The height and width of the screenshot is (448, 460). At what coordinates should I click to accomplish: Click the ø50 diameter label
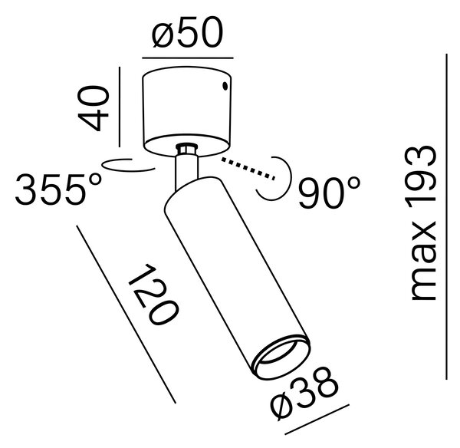pyautogui.click(x=188, y=32)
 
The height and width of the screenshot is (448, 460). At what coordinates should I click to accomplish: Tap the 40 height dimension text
pyautogui.click(x=94, y=107)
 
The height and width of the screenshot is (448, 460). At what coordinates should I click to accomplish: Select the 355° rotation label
pyautogui.click(x=58, y=189)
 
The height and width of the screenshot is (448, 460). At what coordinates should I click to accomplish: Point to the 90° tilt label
pyautogui.click(x=329, y=193)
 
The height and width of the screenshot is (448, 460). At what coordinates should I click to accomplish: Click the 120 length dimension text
pyautogui.click(x=153, y=294)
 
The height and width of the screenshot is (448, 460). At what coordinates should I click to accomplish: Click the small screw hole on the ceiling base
pyautogui.click(x=225, y=86)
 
